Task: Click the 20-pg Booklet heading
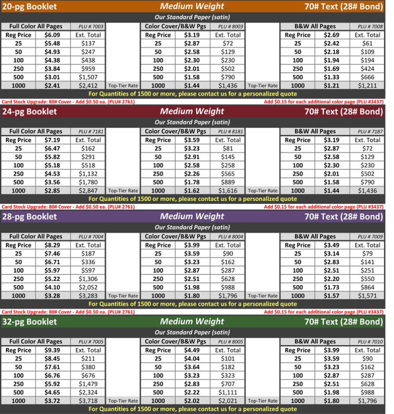30,7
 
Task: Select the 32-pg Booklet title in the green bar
30,322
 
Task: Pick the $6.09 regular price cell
52,35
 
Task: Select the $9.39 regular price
52,350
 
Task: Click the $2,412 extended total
89,86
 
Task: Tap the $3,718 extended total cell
89,401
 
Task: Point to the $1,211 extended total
367,86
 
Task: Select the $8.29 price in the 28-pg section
52,245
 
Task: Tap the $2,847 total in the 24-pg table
89,190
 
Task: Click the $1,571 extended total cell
367,296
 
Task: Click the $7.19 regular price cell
52,140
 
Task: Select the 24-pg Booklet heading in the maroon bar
30,111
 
